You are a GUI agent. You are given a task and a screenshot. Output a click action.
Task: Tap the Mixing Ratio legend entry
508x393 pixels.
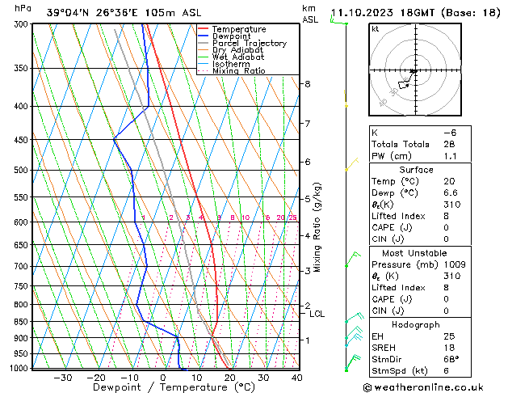pyautogui.click(x=238, y=71)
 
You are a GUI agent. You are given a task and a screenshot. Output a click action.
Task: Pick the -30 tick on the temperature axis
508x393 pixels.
pyautogui.click(x=63, y=378)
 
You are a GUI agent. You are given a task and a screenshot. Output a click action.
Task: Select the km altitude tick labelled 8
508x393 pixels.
pyautogui.click(x=308, y=84)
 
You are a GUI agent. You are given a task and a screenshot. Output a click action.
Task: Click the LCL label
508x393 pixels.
pyautogui.click(x=317, y=314)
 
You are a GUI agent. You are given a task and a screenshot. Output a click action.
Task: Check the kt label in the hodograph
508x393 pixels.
pyautogui.click(x=375, y=29)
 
